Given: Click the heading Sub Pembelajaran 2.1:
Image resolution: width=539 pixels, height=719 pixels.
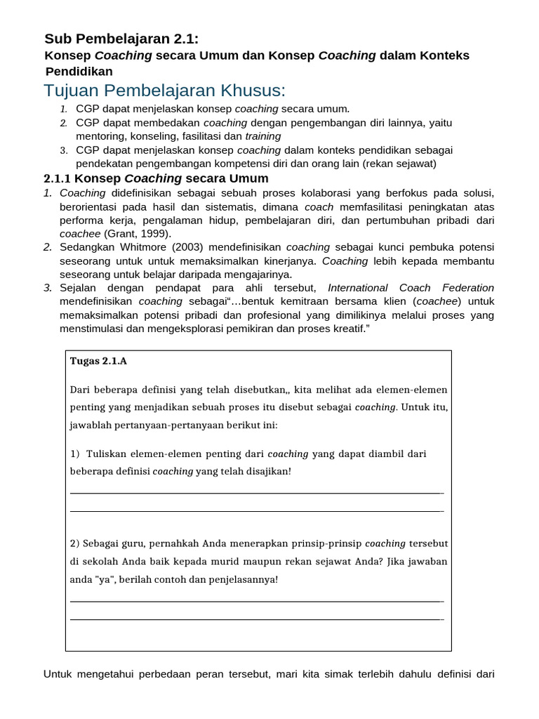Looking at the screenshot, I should pyautogui.click(x=126, y=39).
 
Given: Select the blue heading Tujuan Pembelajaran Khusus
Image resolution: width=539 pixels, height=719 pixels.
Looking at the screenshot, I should pyautogui.click(x=165, y=91).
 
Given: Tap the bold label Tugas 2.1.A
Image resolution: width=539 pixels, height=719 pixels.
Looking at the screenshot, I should pyautogui.click(x=98, y=362).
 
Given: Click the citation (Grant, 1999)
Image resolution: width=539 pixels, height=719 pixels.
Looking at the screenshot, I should pyautogui.click(x=138, y=234).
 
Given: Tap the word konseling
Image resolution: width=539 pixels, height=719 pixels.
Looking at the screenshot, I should pyautogui.click(x=155, y=136).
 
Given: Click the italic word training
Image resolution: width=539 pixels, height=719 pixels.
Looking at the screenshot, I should pyautogui.click(x=262, y=136).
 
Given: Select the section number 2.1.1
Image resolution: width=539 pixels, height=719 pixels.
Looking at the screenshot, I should pyautogui.click(x=58, y=178).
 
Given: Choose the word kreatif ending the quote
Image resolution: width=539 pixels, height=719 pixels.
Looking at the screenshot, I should pyautogui.click(x=345, y=329).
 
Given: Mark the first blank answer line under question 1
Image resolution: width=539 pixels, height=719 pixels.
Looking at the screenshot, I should pyautogui.click(x=256, y=493).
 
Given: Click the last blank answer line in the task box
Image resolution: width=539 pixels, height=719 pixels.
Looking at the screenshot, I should pyautogui.click(x=256, y=619).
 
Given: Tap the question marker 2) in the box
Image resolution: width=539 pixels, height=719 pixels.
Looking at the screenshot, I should pyautogui.click(x=75, y=543).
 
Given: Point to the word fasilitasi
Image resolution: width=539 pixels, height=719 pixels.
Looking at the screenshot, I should pyautogui.click(x=201, y=136).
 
